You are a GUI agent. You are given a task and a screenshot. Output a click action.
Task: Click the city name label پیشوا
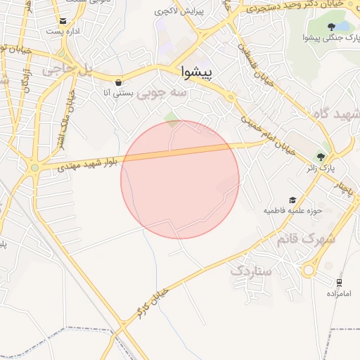coord(200,72)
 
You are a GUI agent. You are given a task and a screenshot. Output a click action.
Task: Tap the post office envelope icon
coord(63,21)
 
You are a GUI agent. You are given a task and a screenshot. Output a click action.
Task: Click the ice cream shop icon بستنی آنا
coord(117,82)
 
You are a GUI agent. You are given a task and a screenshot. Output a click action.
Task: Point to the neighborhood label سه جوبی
coord(162,92)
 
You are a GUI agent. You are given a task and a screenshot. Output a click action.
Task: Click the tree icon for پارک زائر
coord(322,157)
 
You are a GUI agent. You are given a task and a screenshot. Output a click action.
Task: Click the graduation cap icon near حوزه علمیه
coord(292,200)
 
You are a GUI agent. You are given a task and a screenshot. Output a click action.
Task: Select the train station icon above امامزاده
coord(339,283)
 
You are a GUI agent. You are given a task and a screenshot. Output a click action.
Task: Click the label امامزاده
coord(338,293)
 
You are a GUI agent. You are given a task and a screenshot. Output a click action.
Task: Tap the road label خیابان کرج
coord(154,300)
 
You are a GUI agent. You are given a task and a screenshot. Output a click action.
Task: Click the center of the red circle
coord(180,179)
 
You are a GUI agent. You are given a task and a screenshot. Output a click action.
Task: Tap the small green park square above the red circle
coord(171,116)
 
